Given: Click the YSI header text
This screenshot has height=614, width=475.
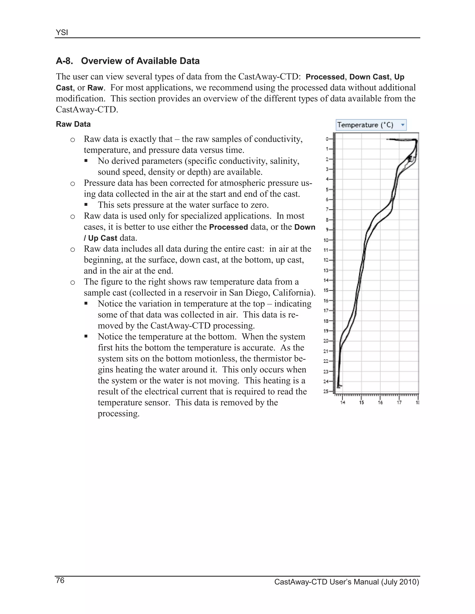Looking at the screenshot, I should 62,33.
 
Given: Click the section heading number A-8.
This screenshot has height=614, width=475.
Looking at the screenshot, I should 64,61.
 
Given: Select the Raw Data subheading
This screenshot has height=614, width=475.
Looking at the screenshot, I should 73,124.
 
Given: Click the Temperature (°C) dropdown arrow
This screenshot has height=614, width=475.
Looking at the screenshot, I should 403,125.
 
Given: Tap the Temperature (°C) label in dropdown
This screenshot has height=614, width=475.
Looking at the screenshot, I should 365,125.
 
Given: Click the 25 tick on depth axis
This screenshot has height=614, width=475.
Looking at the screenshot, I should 326,391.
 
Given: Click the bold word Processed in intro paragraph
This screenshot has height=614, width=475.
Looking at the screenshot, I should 325,77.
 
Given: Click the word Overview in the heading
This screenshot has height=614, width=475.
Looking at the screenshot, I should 101,61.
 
